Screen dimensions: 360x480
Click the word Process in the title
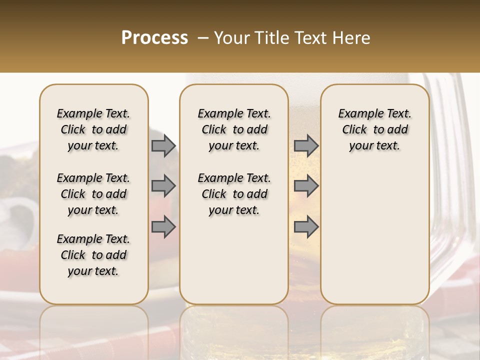(154, 37)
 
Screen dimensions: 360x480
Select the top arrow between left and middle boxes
(163, 145)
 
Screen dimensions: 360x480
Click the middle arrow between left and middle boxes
(163, 186)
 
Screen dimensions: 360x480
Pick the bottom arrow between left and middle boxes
(163, 227)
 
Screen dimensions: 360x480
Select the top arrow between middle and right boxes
(306, 145)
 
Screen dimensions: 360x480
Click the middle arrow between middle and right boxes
(306, 186)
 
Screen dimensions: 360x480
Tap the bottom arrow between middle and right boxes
(306, 227)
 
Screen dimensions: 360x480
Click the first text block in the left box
(93, 129)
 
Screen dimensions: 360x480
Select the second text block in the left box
(93, 194)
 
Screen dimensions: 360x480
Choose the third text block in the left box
(93, 255)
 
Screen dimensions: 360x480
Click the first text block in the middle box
(234, 129)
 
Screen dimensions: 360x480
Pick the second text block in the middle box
(234, 194)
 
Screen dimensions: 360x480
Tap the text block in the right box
(374, 129)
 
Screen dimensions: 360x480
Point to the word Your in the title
(232, 37)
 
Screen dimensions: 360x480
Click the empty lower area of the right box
(374, 235)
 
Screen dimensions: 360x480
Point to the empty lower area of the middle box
(234, 260)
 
